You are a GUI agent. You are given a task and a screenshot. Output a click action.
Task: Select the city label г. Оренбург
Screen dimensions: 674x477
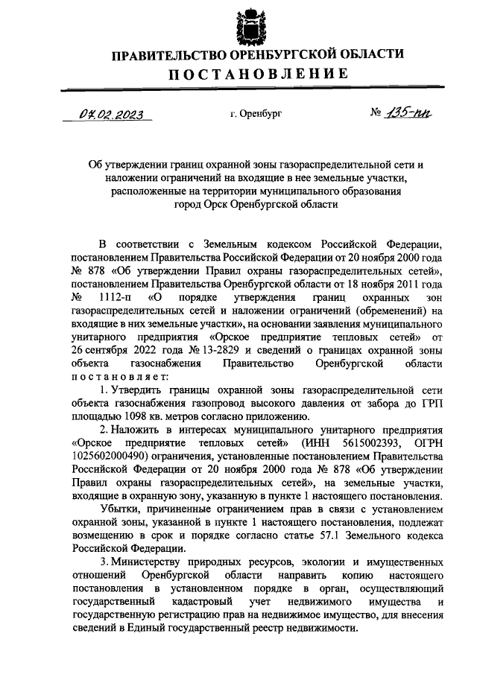click(256, 114)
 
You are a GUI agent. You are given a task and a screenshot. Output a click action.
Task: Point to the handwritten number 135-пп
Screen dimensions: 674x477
click(409, 112)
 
